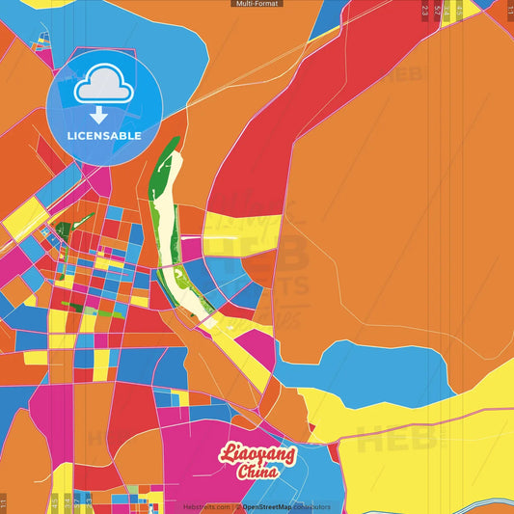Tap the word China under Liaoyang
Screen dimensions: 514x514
coord(257,472)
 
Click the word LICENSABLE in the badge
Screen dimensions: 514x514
coord(104,136)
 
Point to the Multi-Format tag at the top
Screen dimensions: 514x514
coord(257,4)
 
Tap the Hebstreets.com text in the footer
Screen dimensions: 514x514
coord(206,506)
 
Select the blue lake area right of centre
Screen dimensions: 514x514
coord(376,371)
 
